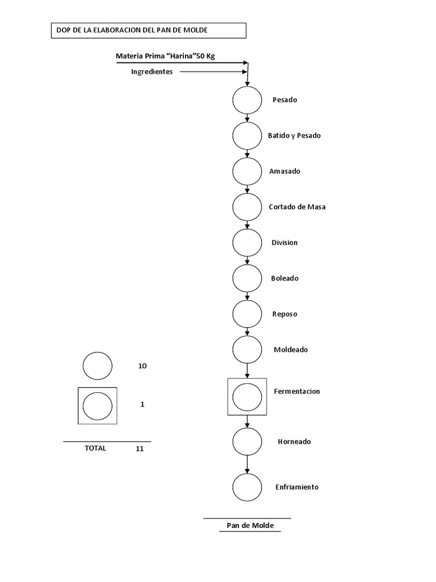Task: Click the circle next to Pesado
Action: pos(247,100)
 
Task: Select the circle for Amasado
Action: pos(247,172)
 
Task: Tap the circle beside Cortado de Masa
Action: pos(247,207)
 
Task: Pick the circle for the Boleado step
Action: pos(247,278)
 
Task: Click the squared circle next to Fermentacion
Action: pos(247,396)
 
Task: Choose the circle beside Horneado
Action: pos(247,442)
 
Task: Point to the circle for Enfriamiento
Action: pos(247,487)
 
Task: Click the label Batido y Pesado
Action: pos(294,136)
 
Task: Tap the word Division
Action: pos(284,243)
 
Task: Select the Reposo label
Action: pos(284,314)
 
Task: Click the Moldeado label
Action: pos(291,350)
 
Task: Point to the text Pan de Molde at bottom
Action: pos(250,526)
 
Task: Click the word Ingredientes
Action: pos(152,72)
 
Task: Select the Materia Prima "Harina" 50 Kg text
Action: pos(165,56)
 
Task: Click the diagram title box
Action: pos(148,30)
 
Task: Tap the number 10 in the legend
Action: pos(142,366)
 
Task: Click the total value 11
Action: pos(140,448)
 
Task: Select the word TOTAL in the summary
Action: pos(95,448)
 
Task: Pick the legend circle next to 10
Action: pos(98,366)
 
